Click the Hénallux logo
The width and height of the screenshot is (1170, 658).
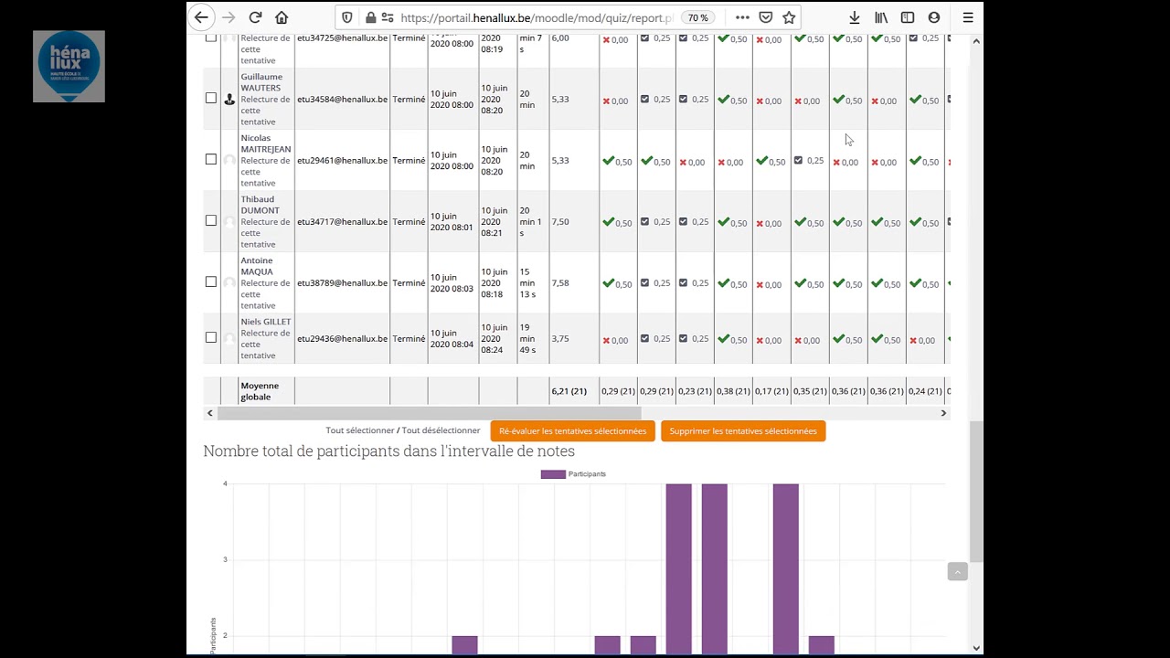[69, 66]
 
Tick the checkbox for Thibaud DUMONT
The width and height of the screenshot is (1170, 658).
[211, 220]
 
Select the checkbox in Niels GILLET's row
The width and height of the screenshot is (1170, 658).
[211, 337]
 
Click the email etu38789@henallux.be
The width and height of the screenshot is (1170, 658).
[342, 283]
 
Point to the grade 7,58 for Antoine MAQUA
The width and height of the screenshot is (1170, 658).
[560, 283]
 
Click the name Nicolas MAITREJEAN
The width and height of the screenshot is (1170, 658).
[265, 143]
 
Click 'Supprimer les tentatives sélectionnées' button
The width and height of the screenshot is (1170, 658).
[742, 431]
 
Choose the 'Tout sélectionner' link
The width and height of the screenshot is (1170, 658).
[359, 430]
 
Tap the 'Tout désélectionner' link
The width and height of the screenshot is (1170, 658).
[441, 430]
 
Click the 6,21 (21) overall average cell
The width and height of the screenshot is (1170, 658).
[569, 391]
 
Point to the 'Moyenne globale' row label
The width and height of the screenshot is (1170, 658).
[260, 391]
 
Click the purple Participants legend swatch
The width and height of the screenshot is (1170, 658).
[552, 474]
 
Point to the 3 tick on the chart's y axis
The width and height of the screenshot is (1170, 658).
[225, 559]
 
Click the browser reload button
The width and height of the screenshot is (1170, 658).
[255, 17]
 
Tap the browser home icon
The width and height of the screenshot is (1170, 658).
[282, 17]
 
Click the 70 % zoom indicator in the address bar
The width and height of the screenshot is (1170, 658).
[697, 17]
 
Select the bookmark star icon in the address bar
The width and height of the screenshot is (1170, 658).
[789, 17]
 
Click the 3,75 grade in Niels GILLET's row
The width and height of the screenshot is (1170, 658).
[560, 339]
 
